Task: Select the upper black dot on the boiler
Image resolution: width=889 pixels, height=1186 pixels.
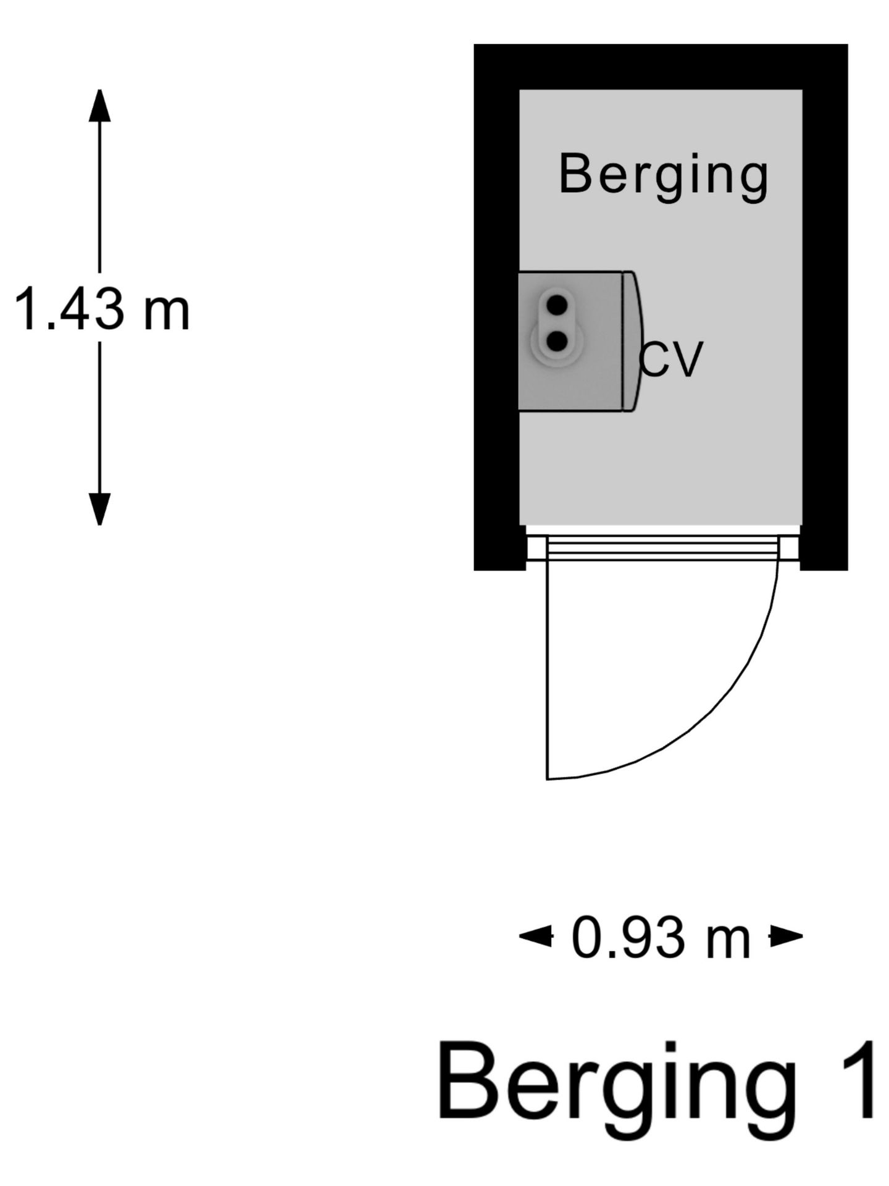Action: (x=557, y=305)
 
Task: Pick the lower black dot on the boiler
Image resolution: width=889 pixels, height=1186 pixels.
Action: (x=557, y=341)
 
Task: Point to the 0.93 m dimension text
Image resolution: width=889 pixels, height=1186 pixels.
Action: (x=661, y=937)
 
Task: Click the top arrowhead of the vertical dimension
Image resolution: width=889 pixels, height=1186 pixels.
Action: (x=99, y=106)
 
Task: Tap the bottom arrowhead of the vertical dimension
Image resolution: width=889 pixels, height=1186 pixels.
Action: (x=99, y=509)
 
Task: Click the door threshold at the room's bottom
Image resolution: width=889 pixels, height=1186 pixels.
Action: (x=662, y=548)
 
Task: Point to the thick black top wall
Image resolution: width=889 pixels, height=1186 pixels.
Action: (x=661, y=67)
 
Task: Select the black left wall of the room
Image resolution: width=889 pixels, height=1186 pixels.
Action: (x=496, y=307)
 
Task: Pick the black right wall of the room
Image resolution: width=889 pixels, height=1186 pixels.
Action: (x=825, y=307)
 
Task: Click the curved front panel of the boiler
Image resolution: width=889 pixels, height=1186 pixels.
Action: (x=633, y=341)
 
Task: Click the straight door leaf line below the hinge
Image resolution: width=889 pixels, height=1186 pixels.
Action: (x=548, y=670)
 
